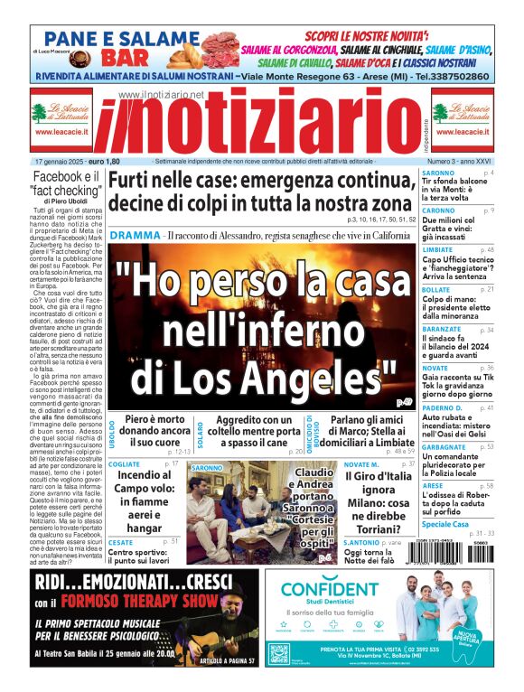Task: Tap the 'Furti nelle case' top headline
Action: [x=262, y=191]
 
